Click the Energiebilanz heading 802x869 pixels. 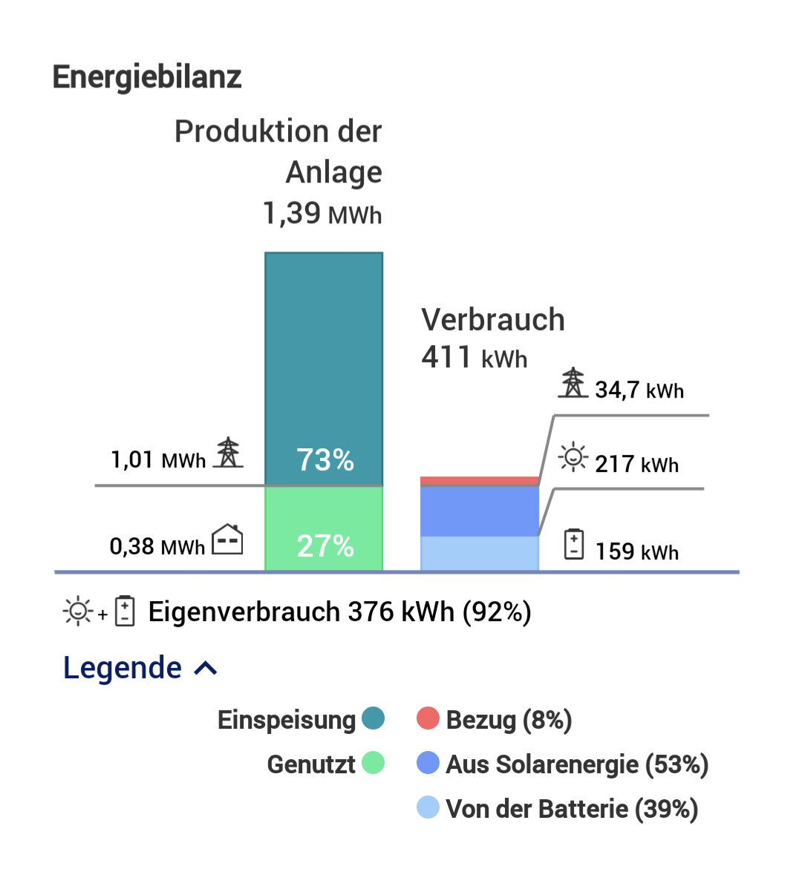[x=147, y=77]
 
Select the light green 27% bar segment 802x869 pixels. [x=324, y=528]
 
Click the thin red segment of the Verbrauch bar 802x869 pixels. [x=480, y=482]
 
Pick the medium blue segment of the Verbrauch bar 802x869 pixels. [x=480, y=511]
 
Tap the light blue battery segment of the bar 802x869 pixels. [x=480, y=553]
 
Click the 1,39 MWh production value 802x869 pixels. [x=322, y=214]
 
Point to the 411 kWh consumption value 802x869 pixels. [x=474, y=358]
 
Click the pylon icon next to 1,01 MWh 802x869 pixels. [x=228, y=453]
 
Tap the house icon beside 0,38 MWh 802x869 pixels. [x=227, y=540]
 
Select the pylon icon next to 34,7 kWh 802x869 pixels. [x=573, y=383]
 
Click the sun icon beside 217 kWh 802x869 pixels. [x=573, y=457]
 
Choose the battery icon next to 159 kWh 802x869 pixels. [x=574, y=544]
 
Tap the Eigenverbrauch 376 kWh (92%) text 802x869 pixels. [x=339, y=612]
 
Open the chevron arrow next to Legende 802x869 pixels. [x=206, y=669]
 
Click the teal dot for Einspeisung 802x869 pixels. [x=374, y=718]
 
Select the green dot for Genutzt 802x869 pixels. [x=374, y=763]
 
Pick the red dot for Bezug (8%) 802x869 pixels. [x=428, y=718]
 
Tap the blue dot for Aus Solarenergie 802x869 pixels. [x=428, y=763]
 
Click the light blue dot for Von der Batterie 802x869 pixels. [x=428, y=807]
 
